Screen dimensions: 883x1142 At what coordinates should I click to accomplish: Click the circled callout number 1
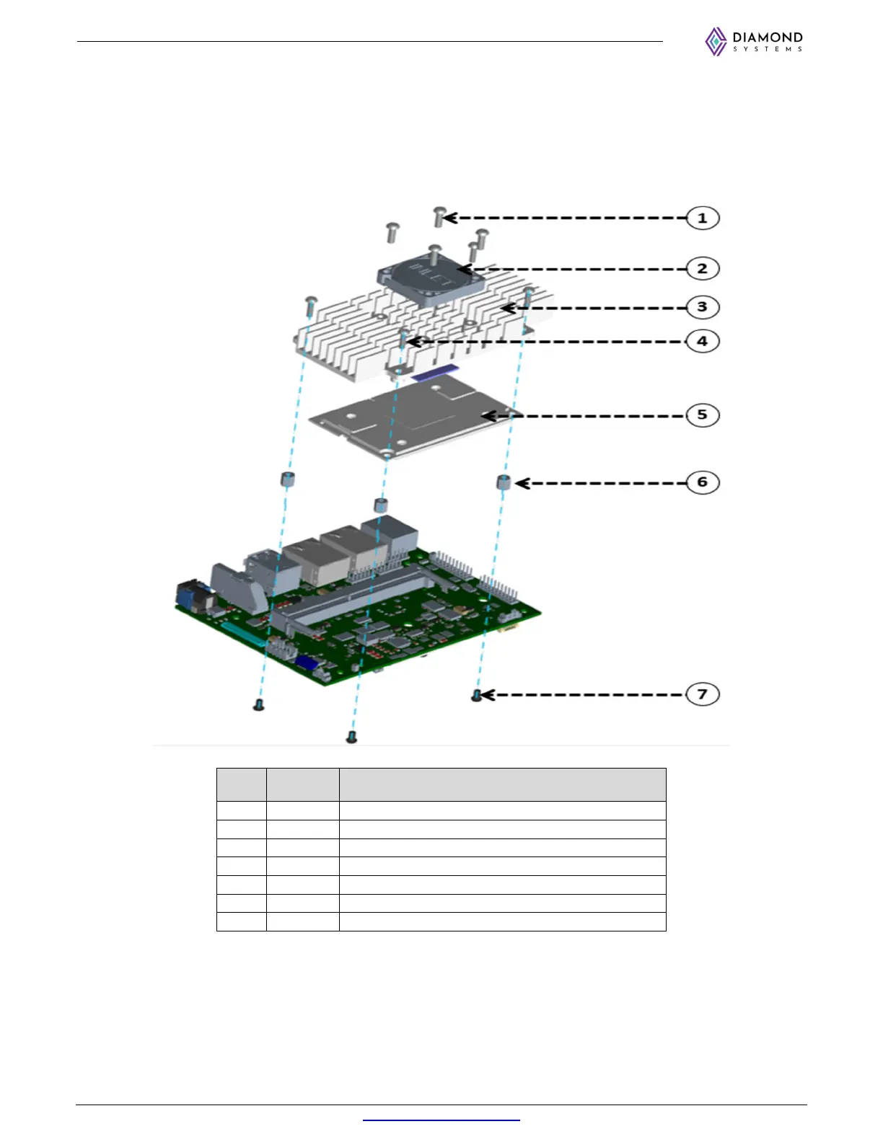pyautogui.click(x=702, y=218)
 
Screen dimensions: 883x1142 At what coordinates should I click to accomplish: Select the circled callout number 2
pyautogui.click(x=702, y=269)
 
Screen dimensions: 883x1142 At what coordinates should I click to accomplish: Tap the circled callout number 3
pyautogui.click(x=702, y=307)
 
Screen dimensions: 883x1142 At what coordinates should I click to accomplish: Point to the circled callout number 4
pyautogui.click(x=702, y=341)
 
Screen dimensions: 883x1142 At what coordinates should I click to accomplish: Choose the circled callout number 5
pyautogui.click(x=702, y=415)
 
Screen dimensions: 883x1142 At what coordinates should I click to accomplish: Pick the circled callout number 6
pyautogui.click(x=702, y=482)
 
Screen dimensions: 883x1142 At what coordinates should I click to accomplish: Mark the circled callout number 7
pyautogui.click(x=702, y=694)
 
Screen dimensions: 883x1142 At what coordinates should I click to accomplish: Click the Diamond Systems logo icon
pyautogui.click(x=716, y=42)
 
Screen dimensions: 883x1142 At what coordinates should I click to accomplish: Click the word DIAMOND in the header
pyautogui.click(x=768, y=37)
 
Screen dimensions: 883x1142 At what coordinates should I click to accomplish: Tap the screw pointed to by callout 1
pyautogui.click(x=439, y=216)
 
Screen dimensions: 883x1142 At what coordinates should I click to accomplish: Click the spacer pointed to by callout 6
pyautogui.click(x=504, y=482)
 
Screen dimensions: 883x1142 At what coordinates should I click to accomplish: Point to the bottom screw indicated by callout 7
pyautogui.click(x=476, y=695)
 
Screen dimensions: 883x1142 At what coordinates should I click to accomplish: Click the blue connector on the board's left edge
pyautogui.click(x=190, y=597)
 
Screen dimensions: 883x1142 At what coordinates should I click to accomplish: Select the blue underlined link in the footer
pyautogui.click(x=441, y=1120)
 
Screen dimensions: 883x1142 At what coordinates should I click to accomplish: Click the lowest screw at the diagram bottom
pyautogui.click(x=351, y=736)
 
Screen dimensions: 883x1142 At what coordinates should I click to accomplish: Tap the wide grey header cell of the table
pyautogui.click(x=502, y=784)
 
